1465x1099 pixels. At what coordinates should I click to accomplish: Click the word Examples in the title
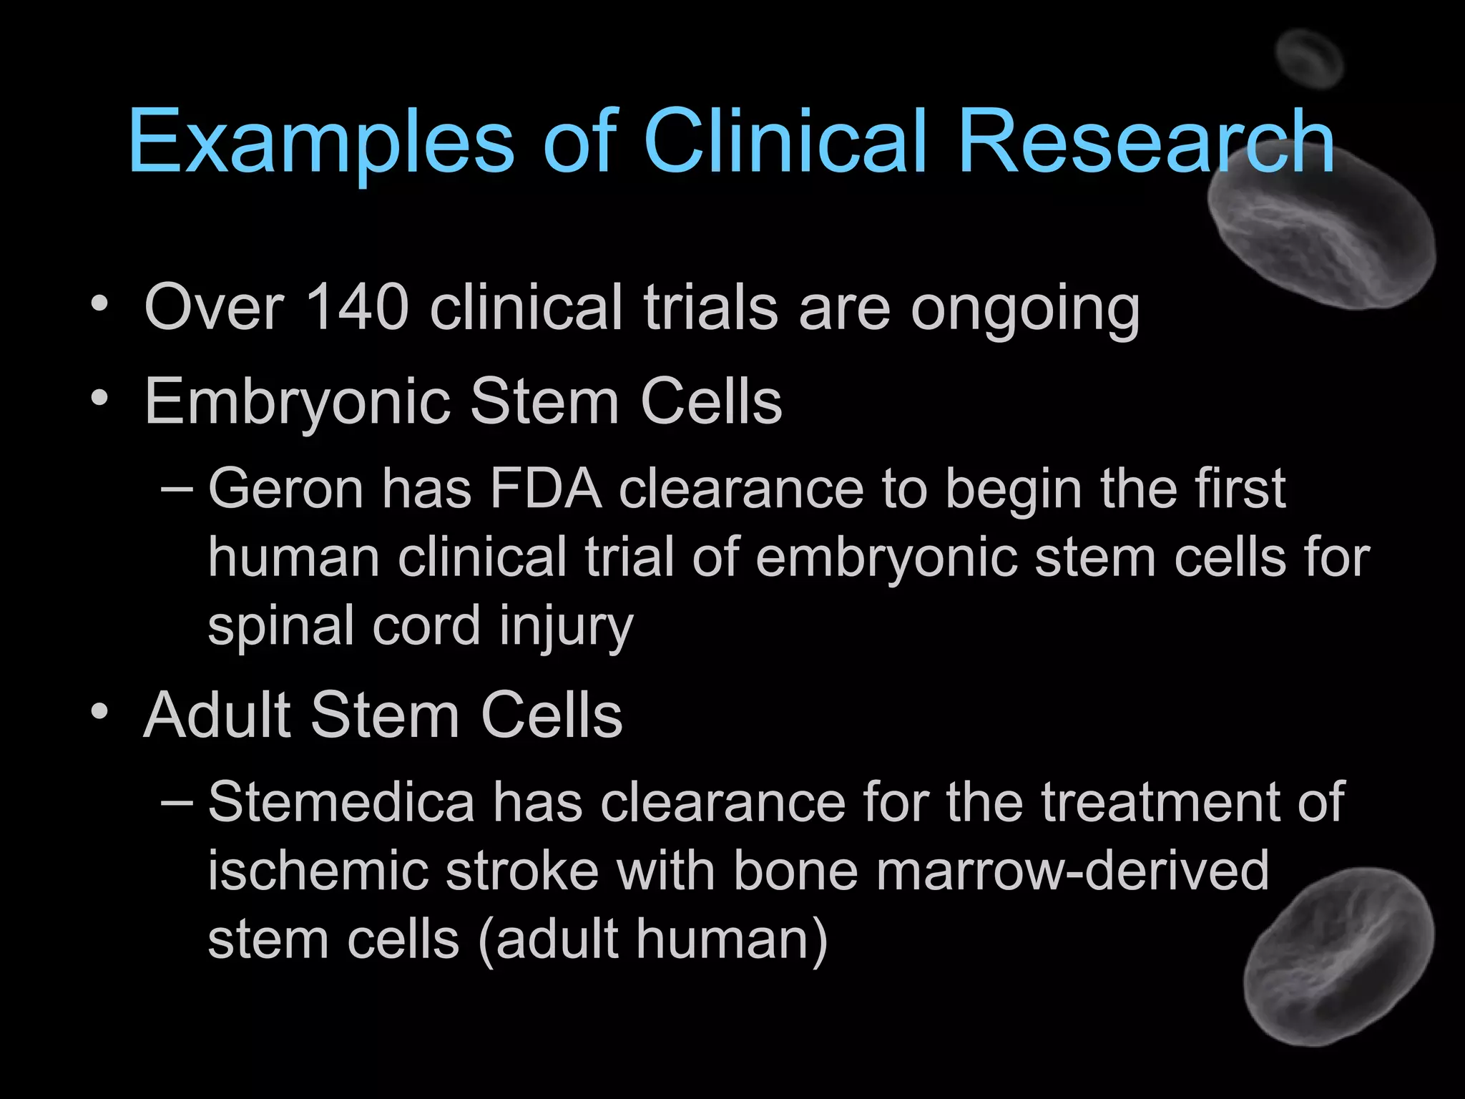(x=320, y=141)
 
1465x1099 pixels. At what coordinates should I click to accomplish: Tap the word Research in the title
(x=1145, y=141)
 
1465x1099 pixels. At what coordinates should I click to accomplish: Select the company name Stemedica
(x=341, y=802)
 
